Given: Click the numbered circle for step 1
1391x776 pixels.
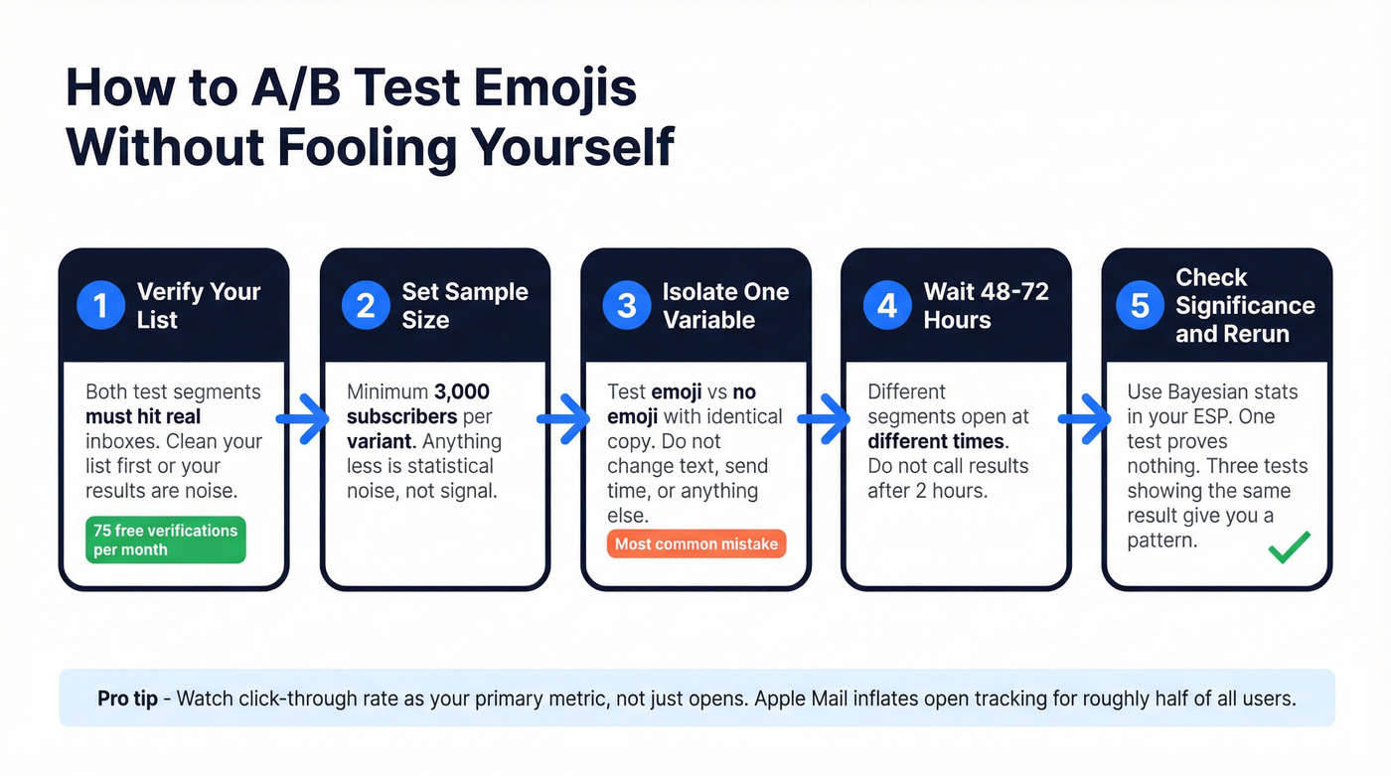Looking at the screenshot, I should [x=100, y=305].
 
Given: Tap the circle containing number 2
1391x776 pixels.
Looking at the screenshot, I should [x=366, y=305].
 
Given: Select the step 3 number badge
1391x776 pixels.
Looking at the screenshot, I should [x=627, y=305].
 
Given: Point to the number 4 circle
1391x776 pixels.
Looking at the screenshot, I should [x=887, y=305].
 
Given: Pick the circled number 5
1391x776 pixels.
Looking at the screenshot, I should [x=1141, y=305].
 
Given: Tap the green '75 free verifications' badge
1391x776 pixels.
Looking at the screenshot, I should [x=165, y=540].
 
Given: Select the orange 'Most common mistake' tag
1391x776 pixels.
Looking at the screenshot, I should [x=695, y=543].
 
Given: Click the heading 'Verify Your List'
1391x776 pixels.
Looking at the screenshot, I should [x=198, y=305].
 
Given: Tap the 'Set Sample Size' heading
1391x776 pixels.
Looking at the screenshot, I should [x=464, y=305].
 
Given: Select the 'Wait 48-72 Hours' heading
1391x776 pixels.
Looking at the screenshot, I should [x=986, y=305].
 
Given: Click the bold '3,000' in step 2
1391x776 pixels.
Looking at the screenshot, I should [x=462, y=391].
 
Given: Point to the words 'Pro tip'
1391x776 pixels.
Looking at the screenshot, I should [x=127, y=698].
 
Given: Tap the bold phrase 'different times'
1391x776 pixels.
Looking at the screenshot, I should [x=936, y=441].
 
